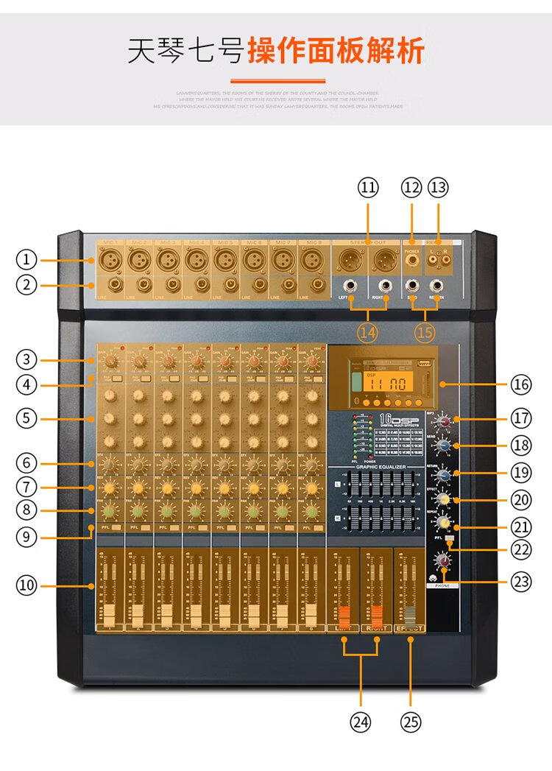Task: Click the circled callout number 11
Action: click(368, 188)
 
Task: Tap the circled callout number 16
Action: click(520, 384)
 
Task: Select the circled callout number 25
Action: click(411, 722)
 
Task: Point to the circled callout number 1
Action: click(26, 259)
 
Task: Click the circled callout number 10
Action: click(26, 586)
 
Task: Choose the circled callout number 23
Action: click(520, 582)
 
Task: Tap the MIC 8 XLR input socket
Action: click(311, 260)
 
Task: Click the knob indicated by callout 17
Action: click(442, 421)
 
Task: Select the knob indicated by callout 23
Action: click(443, 561)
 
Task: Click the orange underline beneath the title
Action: click(278, 81)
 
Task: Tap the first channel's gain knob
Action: click(110, 361)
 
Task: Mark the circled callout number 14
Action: click(368, 332)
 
